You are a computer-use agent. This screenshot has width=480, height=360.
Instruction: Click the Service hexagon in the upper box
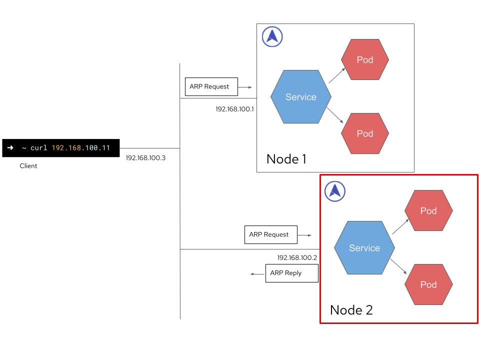point(300,97)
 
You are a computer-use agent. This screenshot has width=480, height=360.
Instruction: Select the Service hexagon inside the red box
point(364,248)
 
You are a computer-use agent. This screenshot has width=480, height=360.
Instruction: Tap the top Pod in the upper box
point(365,59)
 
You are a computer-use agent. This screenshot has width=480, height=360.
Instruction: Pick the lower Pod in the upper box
point(365,133)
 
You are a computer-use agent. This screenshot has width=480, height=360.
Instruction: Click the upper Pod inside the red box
point(428,210)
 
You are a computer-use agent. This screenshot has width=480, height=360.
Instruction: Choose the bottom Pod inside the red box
point(428,284)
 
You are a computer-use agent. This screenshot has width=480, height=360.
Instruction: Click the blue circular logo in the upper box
point(272,36)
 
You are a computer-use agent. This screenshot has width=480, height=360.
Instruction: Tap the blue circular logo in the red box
point(335,191)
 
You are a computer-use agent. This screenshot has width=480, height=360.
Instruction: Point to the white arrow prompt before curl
point(10,148)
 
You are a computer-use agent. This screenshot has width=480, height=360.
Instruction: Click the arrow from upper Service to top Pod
point(337,75)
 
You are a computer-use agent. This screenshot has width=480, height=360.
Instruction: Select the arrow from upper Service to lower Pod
point(335,115)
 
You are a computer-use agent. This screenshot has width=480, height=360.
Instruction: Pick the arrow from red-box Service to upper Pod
point(400,226)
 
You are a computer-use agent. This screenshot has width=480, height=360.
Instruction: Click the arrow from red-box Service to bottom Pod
point(398,266)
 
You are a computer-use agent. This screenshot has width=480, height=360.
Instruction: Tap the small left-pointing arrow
point(257,274)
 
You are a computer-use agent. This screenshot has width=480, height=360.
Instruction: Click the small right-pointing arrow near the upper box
point(245,87)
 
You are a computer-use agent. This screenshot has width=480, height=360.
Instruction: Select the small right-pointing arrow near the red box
point(304,235)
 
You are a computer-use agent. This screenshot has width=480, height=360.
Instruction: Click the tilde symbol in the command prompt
point(23,148)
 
